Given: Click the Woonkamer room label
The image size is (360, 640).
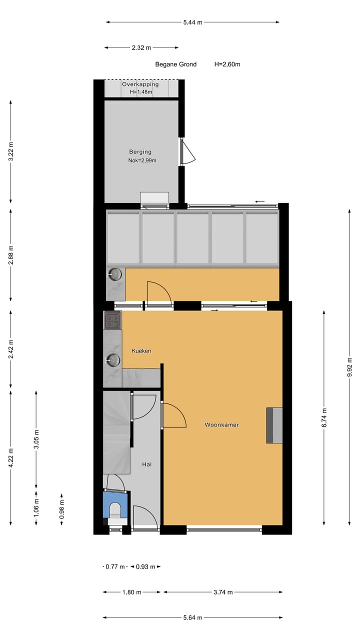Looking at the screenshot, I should click(221, 425).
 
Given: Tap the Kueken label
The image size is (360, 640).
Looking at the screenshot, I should click(141, 351).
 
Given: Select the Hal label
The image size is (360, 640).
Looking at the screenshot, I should click(147, 464).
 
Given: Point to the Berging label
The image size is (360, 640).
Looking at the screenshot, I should click(140, 152).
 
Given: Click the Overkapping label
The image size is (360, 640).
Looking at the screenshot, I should click(140, 84).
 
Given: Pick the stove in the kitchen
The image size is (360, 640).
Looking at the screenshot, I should click(112, 320).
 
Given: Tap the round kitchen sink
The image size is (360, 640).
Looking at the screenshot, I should click(113, 359).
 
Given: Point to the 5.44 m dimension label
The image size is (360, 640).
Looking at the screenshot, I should click(192, 22).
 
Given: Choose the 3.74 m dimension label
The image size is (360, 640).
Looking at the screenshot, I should click(222, 592).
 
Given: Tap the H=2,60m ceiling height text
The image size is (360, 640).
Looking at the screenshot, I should click(228, 64).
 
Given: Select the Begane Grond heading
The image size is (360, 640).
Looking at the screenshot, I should click(176, 64).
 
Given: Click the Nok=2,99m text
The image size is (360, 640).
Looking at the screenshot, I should click(142, 160).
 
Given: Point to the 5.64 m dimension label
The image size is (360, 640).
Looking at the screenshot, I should click(192, 617).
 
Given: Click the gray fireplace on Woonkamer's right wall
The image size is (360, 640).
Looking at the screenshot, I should click(274, 425).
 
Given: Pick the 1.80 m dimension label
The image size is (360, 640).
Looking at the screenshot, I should click(132, 592).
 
